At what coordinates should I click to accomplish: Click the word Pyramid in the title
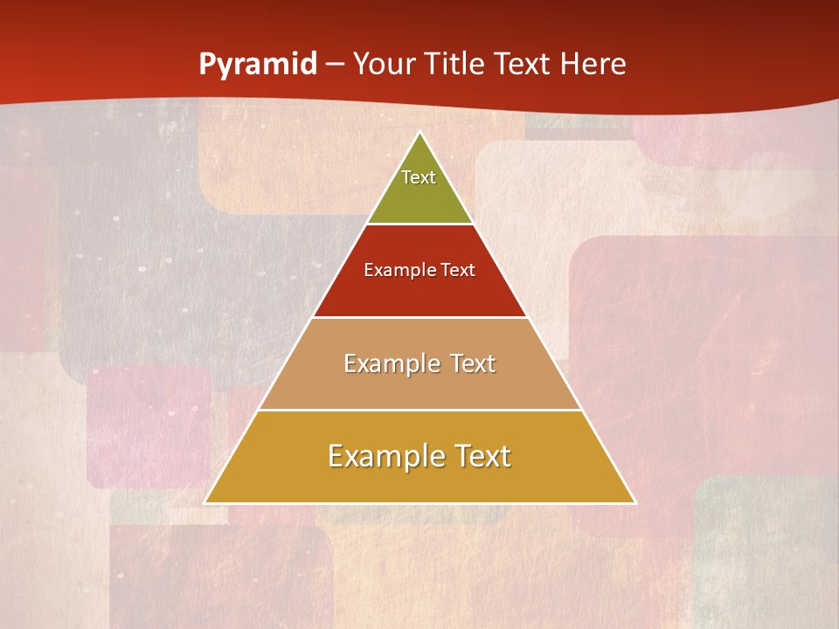258,65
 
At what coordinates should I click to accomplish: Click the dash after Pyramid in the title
334,65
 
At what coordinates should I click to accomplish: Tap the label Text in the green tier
419,177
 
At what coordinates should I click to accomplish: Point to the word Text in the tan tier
473,363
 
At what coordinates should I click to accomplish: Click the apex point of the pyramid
419,133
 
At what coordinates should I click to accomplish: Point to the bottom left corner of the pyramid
206,502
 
